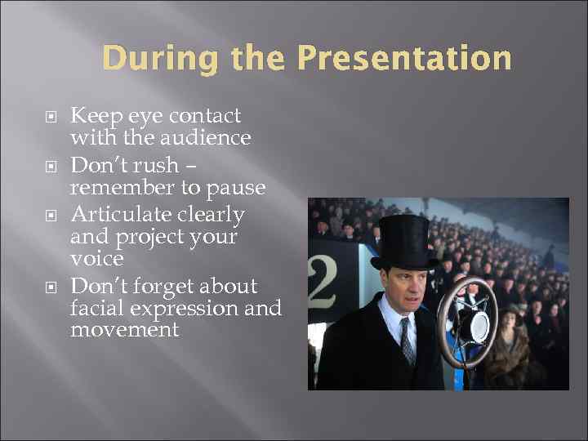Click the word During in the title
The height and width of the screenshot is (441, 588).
(x=149, y=59)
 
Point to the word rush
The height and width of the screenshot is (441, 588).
(x=158, y=166)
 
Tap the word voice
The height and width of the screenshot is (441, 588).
(x=97, y=258)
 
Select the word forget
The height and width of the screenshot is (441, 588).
(x=155, y=287)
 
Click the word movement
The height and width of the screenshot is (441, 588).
(x=124, y=329)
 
